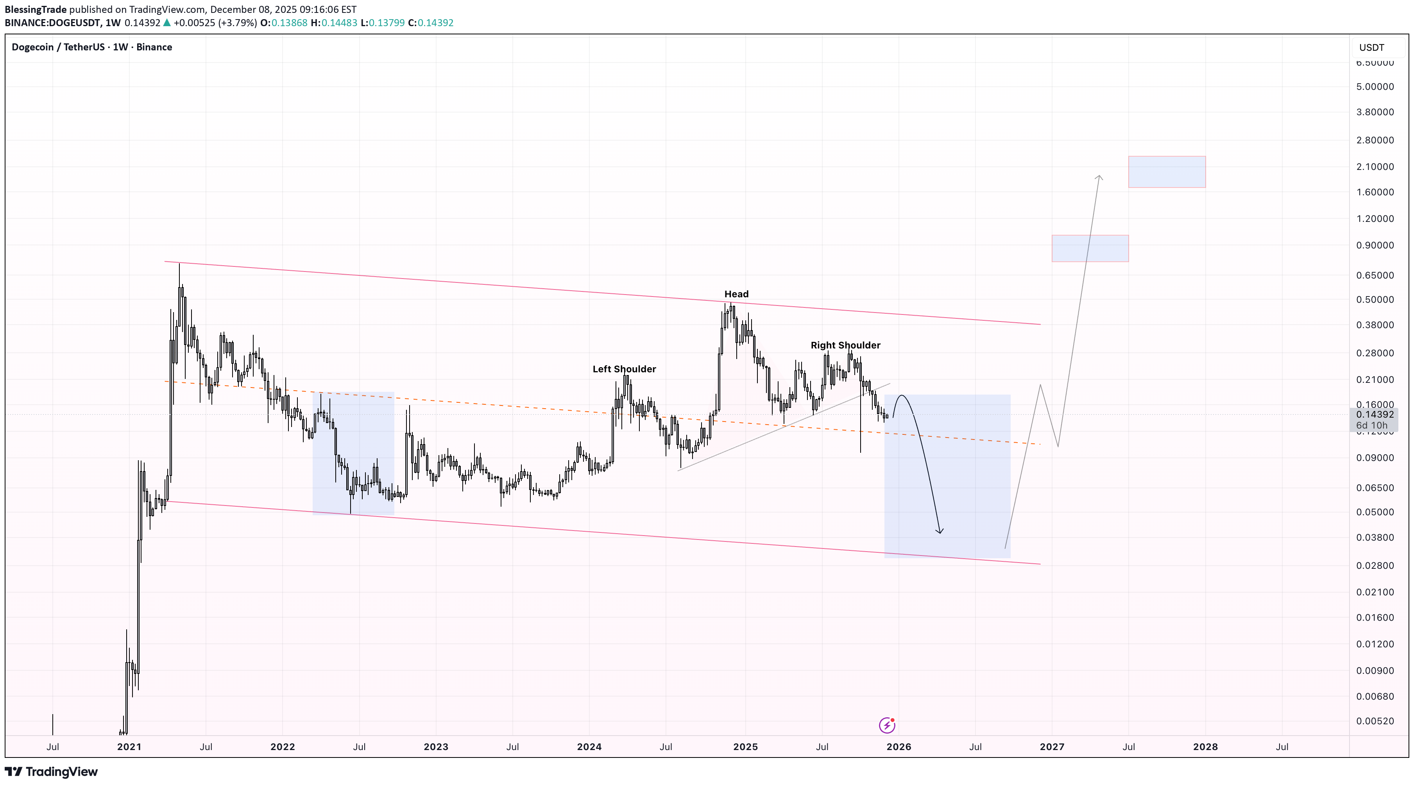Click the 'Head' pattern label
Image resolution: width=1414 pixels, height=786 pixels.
[x=736, y=294]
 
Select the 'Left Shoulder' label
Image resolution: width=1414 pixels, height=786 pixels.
[x=624, y=369]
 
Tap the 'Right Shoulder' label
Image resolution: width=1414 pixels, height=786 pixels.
[x=845, y=345]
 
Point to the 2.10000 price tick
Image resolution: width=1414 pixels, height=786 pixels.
[x=1375, y=167]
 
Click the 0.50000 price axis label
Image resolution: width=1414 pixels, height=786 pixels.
[x=1375, y=300]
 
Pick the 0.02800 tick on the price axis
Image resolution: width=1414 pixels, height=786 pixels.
[x=1375, y=566]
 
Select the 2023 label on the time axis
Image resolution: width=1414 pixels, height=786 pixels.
[x=436, y=747]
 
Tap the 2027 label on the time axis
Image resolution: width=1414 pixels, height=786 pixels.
[x=1052, y=747]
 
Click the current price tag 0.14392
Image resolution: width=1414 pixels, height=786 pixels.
[x=1375, y=414]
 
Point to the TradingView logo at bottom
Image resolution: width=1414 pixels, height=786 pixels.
[x=51, y=772]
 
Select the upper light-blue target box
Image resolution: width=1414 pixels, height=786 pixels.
[x=1167, y=171]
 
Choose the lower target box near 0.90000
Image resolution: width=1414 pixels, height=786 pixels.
[x=1090, y=248]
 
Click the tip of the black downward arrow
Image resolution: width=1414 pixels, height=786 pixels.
[x=940, y=532]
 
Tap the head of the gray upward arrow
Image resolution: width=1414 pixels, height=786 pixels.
[x=1099, y=177]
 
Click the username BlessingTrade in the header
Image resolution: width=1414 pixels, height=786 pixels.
[x=36, y=10]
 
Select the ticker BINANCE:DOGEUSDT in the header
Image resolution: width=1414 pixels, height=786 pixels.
[x=53, y=23]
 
